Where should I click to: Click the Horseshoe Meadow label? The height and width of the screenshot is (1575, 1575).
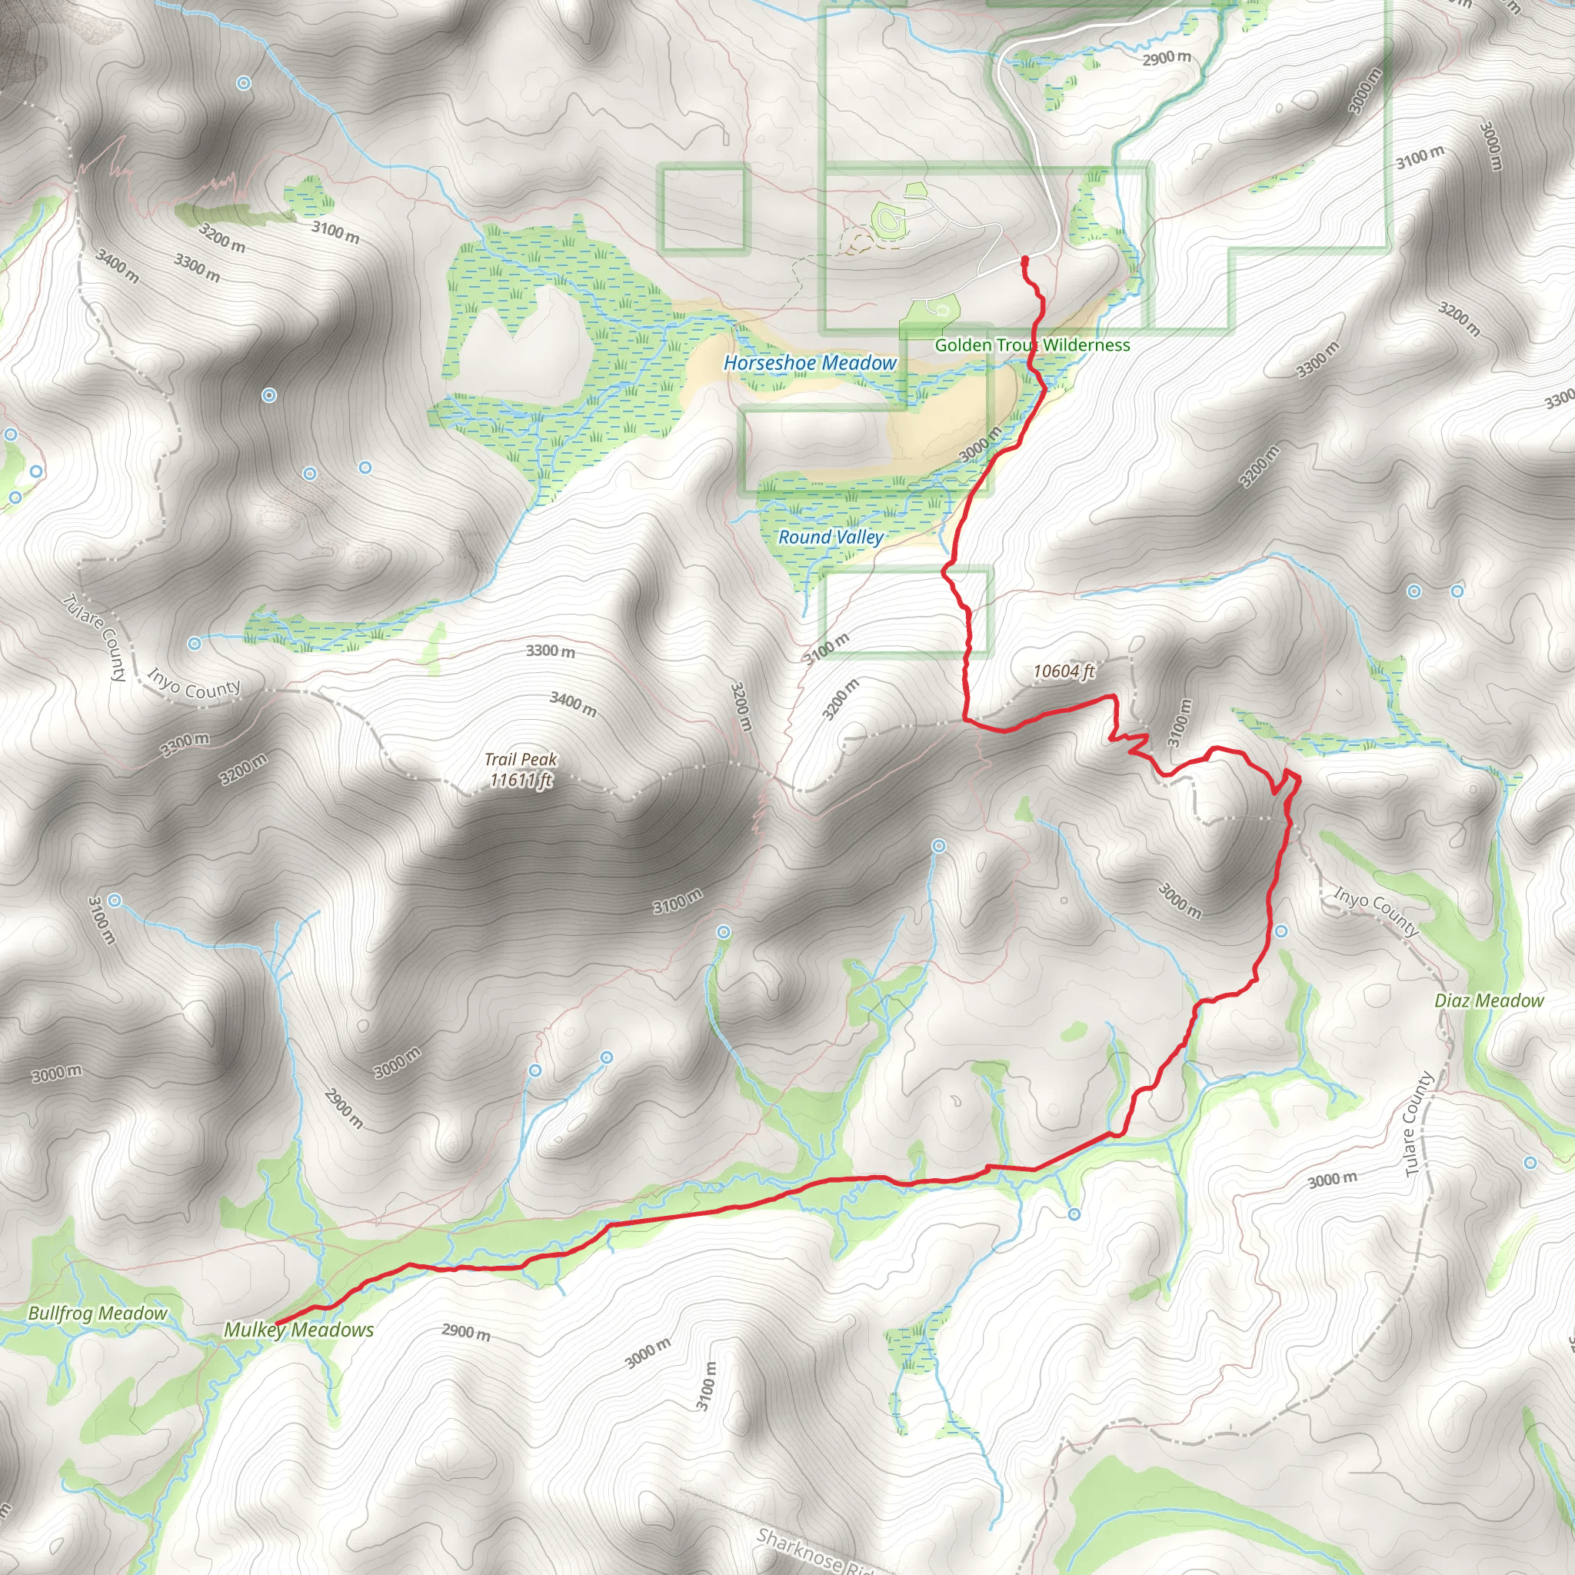tap(810, 363)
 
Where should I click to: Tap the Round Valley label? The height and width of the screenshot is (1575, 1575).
tap(830, 538)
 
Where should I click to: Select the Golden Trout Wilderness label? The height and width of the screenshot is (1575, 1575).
tap(1032, 345)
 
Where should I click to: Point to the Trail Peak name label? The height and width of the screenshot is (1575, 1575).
tap(520, 760)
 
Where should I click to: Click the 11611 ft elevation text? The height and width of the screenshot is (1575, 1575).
tap(520, 780)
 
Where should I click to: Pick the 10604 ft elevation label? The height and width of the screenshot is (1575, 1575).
tap(1063, 671)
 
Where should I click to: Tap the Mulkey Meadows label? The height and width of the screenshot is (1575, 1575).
tap(299, 1330)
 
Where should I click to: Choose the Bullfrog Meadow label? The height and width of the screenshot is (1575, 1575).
tap(97, 1314)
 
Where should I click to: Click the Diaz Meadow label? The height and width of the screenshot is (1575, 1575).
tap(1489, 1001)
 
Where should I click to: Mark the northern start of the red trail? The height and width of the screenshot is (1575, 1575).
tap(1024, 260)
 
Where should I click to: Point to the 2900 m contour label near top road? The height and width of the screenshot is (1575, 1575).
tap(1167, 58)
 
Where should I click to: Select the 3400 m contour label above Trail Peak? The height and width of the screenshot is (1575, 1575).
tap(573, 704)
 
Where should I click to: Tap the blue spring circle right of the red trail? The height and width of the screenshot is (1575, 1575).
tap(1281, 931)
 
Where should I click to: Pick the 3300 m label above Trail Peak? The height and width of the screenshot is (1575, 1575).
tap(551, 651)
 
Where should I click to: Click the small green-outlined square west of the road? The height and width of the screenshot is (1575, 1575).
tap(704, 208)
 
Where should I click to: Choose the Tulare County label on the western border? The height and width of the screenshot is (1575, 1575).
tap(96, 638)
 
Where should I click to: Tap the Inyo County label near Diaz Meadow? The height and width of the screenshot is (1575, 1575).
tap(1376, 911)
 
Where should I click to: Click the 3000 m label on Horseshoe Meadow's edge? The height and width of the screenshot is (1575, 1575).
tap(981, 445)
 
